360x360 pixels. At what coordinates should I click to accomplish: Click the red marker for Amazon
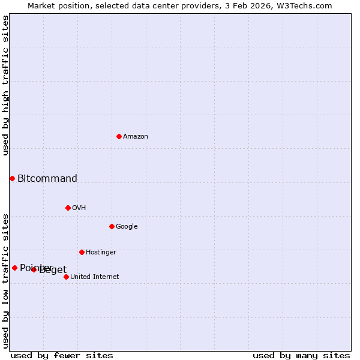(x=119, y=136)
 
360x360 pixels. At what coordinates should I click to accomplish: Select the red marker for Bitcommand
(x=12, y=178)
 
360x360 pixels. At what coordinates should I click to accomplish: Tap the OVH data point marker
(x=68, y=208)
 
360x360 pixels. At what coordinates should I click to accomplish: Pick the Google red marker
(x=112, y=226)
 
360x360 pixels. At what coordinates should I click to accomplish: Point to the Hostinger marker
(x=82, y=252)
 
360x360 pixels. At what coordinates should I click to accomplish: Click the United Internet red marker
(x=66, y=277)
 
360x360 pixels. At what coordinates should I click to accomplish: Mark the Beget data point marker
(x=34, y=269)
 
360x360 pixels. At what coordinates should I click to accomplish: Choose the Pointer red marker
(x=14, y=268)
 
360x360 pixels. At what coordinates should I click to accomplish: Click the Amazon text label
(x=136, y=137)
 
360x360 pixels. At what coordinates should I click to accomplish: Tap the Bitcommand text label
(x=47, y=178)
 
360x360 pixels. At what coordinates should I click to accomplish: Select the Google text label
(x=127, y=227)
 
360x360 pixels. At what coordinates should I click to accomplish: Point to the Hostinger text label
(x=101, y=253)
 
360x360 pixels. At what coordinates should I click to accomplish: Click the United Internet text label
(x=95, y=277)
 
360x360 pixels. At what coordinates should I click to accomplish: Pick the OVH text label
(x=79, y=208)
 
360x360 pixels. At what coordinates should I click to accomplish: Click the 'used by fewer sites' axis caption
(x=62, y=355)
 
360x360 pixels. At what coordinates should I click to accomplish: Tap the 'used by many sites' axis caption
(x=301, y=355)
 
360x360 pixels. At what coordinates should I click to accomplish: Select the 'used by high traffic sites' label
(x=5, y=85)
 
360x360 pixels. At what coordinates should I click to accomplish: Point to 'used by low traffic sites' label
(x=5, y=280)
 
